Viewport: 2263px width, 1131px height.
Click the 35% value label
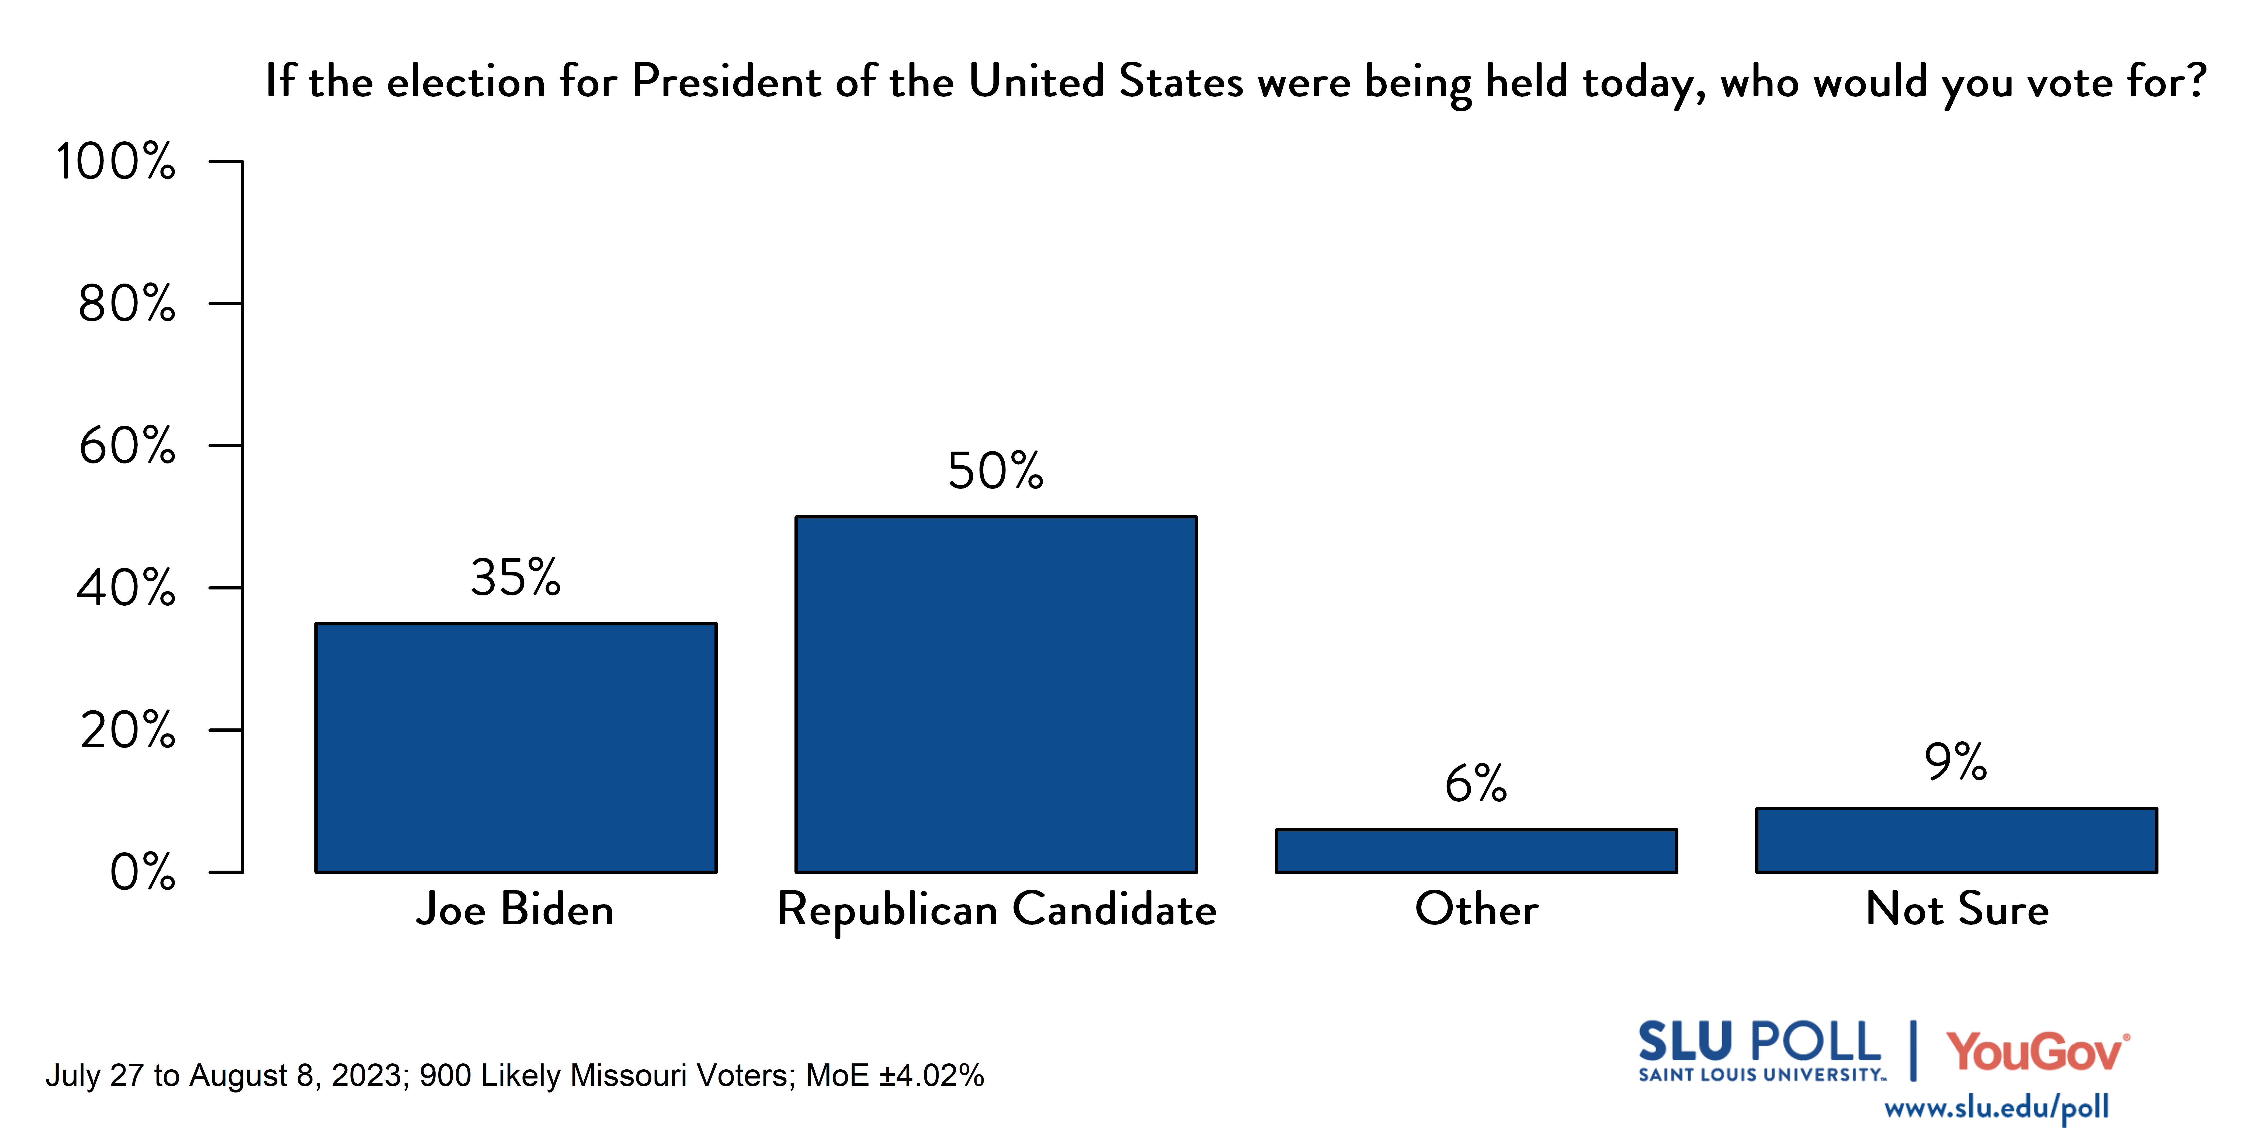(516, 578)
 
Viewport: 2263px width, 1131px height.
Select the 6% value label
(1476, 783)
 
